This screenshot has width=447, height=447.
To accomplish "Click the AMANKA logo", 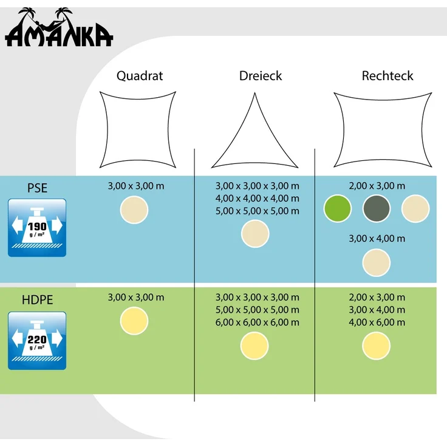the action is point(59,27).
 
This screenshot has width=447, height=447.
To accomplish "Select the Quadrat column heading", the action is point(140,76).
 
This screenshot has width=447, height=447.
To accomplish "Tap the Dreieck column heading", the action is point(261,76).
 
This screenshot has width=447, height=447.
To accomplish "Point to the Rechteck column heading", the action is point(387,76).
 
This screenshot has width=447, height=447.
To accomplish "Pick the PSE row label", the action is point(37,188).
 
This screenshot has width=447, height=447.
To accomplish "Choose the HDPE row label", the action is point(37,300).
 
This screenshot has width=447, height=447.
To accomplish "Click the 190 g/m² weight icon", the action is point(37,228).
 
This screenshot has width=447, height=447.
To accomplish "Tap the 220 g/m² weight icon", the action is point(37,341).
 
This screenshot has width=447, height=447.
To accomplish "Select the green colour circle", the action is point(338,208).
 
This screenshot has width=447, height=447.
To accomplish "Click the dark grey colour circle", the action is point(377,208).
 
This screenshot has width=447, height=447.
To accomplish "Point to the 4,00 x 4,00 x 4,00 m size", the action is point(258,199).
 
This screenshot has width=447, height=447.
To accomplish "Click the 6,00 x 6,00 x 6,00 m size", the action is point(258,322).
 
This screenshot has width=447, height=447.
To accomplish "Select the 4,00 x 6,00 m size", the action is point(377,322).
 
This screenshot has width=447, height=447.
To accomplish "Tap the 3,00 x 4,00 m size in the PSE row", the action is point(377,239).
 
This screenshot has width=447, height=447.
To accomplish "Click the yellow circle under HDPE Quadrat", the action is point(134,321).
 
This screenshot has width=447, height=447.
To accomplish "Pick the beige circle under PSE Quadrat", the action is point(134,210).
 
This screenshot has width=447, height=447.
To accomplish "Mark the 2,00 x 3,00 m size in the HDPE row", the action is point(377,298).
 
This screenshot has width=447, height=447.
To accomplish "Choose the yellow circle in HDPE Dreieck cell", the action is point(254,346).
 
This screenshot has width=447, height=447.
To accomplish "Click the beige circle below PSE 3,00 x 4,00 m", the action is point(377,262).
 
